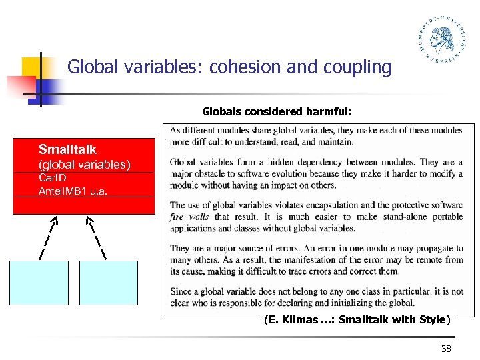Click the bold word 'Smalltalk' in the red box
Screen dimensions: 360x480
pos(67,149)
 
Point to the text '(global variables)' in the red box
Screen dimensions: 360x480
pos(84,164)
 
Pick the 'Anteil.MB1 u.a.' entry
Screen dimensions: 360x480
pos(73,191)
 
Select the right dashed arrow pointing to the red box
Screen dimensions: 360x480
pos(98,237)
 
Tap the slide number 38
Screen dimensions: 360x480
pos(447,349)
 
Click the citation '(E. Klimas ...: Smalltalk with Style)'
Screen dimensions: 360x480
pos(357,319)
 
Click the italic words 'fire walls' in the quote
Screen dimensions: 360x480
pos(190,217)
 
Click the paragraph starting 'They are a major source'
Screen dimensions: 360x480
pos(316,260)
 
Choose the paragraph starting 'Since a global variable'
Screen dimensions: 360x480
pos(316,297)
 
